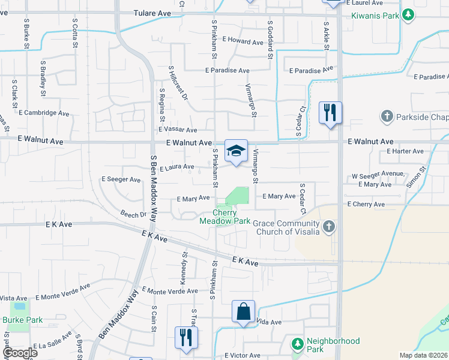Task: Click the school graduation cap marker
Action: (x=236, y=151)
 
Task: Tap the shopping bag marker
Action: (x=243, y=311)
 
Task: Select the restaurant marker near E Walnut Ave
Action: (x=330, y=112)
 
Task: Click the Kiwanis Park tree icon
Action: (x=408, y=14)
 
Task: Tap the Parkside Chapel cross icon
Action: (x=387, y=116)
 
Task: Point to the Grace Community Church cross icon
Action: (x=328, y=227)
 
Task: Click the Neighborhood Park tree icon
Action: (x=297, y=344)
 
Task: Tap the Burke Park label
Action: (x=22, y=320)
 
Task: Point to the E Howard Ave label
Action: (x=243, y=42)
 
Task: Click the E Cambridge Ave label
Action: (x=44, y=112)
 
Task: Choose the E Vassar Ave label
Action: (x=178, y=130)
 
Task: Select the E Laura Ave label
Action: (x=177, y=167)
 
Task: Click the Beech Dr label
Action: (x=133, y=214)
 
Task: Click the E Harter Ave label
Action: (x=405, y=151)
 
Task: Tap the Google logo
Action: (x=19, y=353)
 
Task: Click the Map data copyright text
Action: (x=423, y=355)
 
